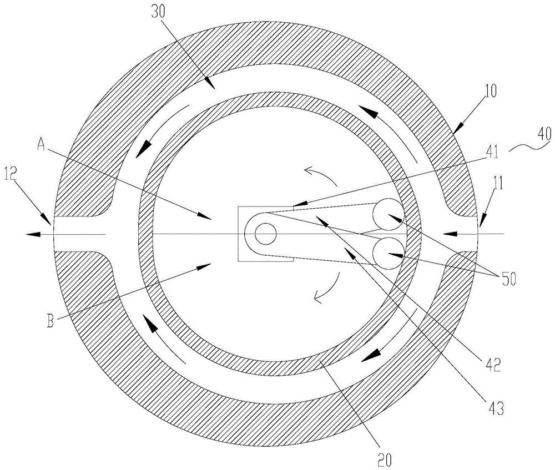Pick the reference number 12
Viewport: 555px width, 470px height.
tap(11, 174)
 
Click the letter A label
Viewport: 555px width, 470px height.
tap(42, 144)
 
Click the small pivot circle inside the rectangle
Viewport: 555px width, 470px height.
tap(265, 234)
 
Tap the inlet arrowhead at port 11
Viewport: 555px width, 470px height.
tap(449, 234)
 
